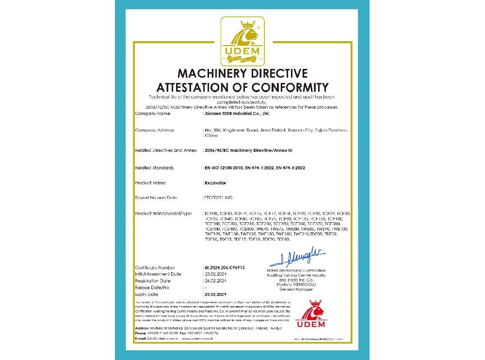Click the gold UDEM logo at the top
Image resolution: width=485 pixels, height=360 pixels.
click(x=242, y=41)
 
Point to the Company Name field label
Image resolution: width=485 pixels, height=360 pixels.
click(x=153, y=114)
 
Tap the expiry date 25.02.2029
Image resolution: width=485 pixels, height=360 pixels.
click(x=216, y=295)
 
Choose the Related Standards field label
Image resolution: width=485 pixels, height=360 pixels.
click(x=154, y=167)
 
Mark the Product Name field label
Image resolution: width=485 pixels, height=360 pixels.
click(x=151, y=183)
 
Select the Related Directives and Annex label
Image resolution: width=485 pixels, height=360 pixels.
click(x=166, y=151)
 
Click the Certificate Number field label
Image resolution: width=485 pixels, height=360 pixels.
click(x=155, y=267)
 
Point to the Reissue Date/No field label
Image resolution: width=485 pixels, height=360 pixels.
click(x=152, y=288)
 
